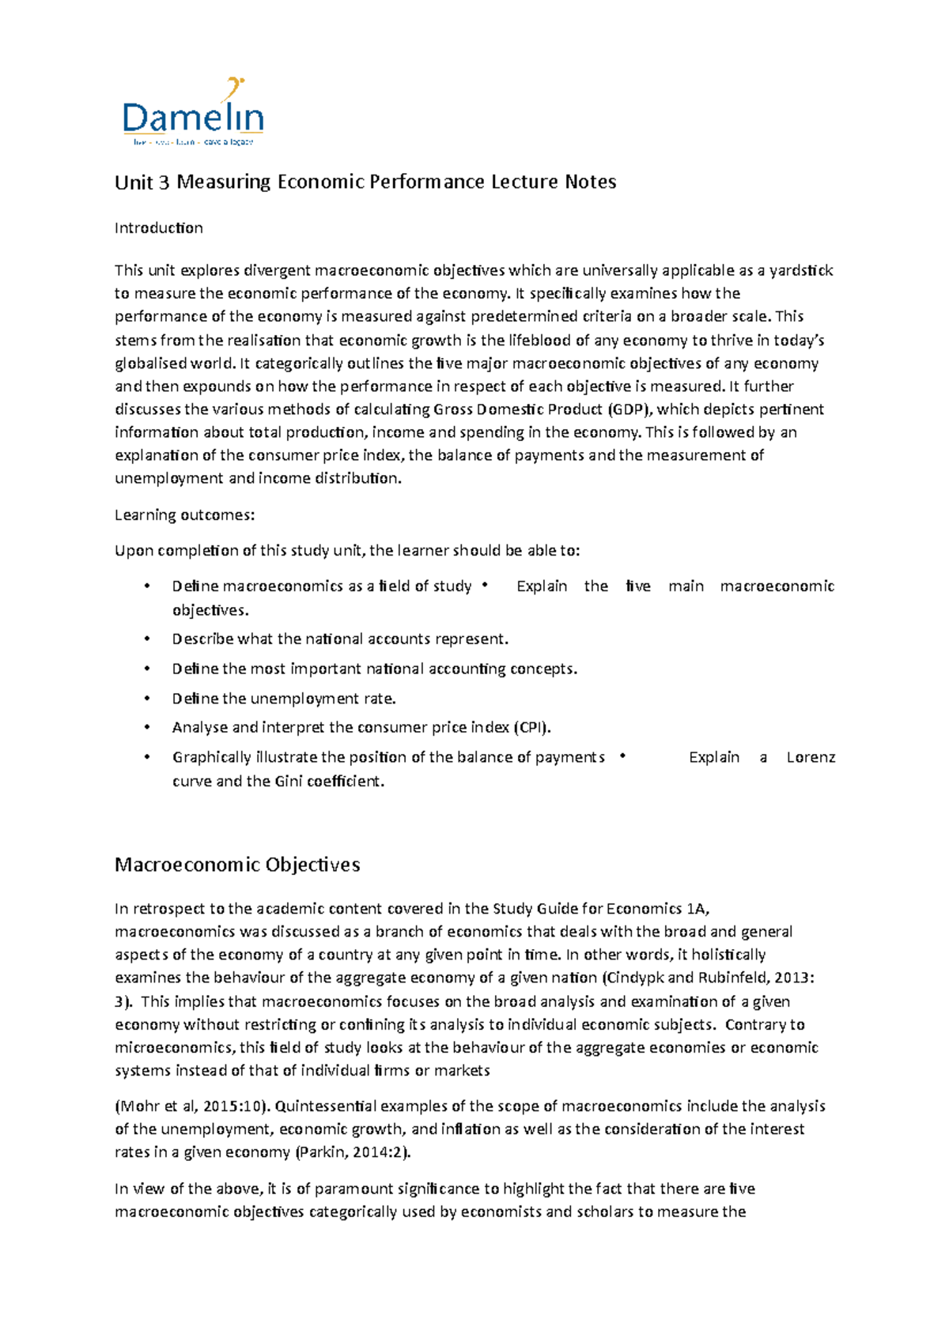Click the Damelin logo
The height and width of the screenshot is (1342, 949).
(193, 115)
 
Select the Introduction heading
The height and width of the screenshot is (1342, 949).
(158, 228)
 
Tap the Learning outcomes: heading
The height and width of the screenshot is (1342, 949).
(184, 515)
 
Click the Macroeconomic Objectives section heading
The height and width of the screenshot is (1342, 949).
(237, 865)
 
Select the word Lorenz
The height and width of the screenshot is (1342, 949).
(811, 757)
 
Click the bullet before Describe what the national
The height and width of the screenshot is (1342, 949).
(147, 639)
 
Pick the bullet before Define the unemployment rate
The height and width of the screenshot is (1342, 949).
(147, 699)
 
